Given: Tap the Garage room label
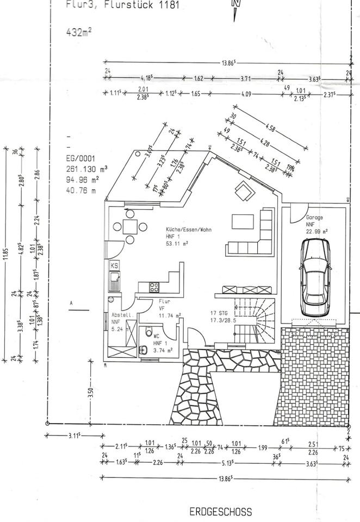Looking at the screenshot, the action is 314,217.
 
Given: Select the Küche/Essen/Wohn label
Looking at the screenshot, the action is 189,230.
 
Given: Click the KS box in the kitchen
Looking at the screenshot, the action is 115,265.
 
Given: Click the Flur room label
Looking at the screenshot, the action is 165,301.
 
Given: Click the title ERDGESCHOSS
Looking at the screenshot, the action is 221,512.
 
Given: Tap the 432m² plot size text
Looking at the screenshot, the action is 78,32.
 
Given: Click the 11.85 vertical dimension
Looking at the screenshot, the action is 6,254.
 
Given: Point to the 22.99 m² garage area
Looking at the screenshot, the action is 316,231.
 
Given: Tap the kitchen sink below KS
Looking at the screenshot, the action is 115,281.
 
